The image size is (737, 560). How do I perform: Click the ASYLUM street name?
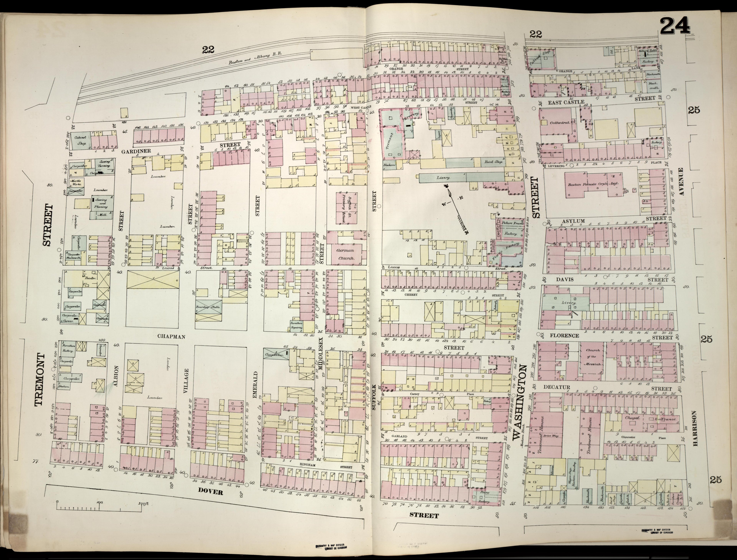point(573,221)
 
